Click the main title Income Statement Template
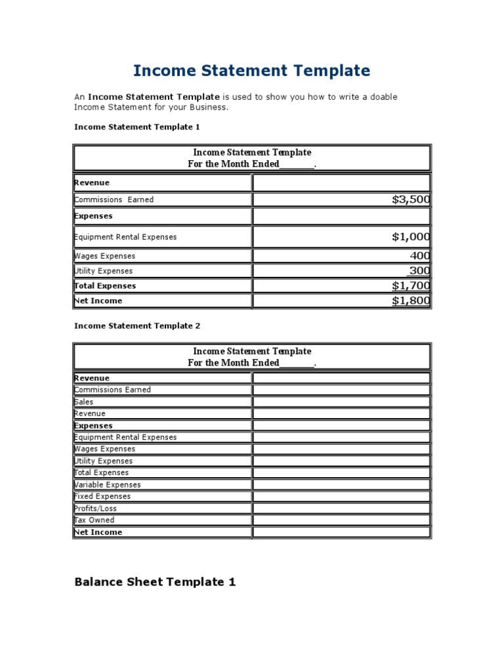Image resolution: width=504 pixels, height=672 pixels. click(x=252, y=70)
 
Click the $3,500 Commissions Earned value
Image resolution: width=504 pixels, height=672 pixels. click(x=411, y=199)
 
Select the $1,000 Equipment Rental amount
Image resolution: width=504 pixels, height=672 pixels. click(x=411, y=237)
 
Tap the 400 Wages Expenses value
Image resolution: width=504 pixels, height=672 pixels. click(x=420, y=256)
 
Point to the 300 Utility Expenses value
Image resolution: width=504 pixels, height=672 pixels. click(x=420, y=270)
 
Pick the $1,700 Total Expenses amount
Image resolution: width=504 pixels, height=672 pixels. click(x=411, y=285)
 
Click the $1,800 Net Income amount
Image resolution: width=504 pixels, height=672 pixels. click(x=411, y=301)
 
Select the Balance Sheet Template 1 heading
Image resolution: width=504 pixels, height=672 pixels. click(x=155, y=581)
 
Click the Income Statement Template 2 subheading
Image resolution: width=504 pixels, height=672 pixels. click(x=137, y=325)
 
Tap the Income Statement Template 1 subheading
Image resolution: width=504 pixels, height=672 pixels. click(x=137, y=127)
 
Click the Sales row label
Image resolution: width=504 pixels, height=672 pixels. click(x=84, y=402)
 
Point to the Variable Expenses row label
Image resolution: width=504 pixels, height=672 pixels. click(x=108, y=485)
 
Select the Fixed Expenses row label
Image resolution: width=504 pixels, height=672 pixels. click(x=102, y=497)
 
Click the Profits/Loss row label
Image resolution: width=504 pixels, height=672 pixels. click(x=96, y=509)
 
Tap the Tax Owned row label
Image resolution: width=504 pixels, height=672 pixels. click(x=94, y=520)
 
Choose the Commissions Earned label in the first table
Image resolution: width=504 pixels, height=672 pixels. click(x=114, y=199)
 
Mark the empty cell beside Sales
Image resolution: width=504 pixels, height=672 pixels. click(x=341, y=402)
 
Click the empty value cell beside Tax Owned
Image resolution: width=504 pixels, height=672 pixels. click(x=341, y=520)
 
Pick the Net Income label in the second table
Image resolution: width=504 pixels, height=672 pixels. click(x=98, y=532)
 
